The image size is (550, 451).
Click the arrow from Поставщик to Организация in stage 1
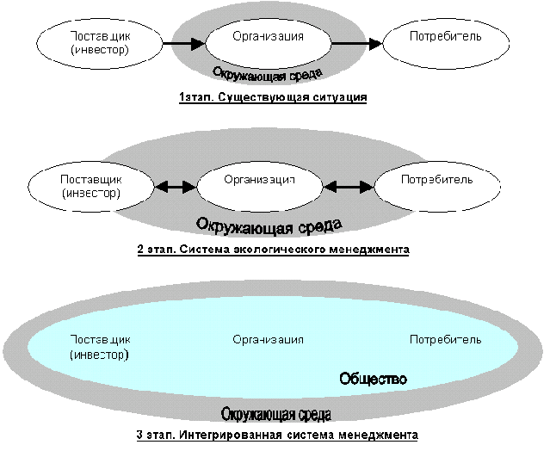[x=184, y=44]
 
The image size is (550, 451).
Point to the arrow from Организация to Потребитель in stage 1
[x=357, y=44]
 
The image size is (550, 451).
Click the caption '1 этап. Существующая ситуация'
[x=273, y=97]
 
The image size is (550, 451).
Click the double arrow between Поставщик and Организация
[x=176, y=187]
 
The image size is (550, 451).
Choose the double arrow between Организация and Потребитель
[x=349, y=187]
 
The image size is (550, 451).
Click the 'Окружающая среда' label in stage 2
[x=269, y=225]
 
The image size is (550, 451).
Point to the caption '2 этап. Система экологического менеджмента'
[x=273, y=250]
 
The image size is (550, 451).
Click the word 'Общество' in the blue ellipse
[x=374, y=379]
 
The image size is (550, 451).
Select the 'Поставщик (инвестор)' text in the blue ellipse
[x=100, y=347]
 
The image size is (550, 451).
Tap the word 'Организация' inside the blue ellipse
[x=268, y=339]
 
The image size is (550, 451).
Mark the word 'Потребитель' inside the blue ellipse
[x=446, y=339]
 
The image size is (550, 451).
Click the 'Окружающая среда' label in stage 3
[x=276, y=414]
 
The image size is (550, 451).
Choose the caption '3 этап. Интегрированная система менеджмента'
[x=277, y=436]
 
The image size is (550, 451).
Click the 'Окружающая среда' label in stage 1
[x=268, y=74]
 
